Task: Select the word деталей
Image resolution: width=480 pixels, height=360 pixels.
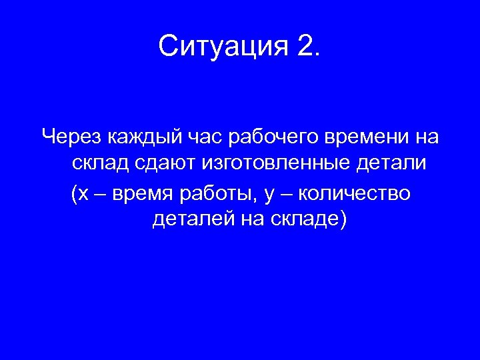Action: point(191,219)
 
